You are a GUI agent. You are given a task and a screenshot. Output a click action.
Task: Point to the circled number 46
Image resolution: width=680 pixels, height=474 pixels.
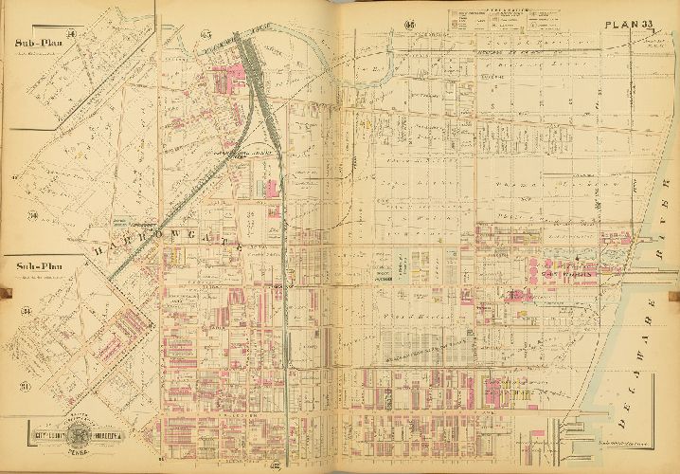pyautogui.click(x=409, y=24)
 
